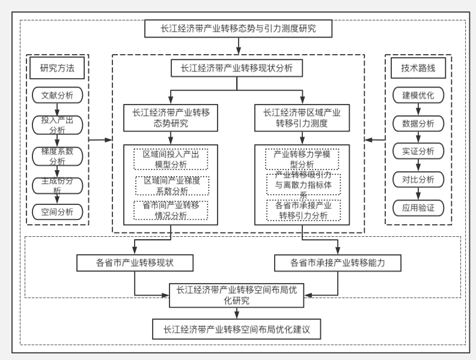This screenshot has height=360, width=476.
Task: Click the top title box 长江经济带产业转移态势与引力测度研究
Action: tap(239, 28)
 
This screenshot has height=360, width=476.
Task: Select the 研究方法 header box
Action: tap(57, 68)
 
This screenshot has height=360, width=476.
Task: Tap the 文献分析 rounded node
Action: tap(58, 95)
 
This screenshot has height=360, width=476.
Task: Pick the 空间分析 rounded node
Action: tap(58, 211)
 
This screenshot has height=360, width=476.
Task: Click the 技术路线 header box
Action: tap(418, 68)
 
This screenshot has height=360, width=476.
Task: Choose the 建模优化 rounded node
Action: tap(418, 95)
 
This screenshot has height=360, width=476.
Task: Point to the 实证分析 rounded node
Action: tap(418, 150)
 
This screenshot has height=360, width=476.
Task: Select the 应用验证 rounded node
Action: tap(418, 208)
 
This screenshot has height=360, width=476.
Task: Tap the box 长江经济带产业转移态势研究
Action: tap(171, 118)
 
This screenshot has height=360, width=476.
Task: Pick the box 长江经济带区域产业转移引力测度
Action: tap(302, 118)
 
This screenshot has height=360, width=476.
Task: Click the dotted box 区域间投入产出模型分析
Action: tap(171, 159)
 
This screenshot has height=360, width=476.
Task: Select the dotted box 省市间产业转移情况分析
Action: tap(171, 210)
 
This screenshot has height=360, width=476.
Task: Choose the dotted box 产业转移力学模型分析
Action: tap(302, 159)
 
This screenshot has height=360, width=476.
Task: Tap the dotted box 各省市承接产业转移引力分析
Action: tap(302, 210)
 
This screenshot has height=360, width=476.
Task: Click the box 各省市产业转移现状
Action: tap(135, 263)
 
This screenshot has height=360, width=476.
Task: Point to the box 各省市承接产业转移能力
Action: tap(337, 263)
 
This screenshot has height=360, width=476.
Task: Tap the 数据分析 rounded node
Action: tap(418, 123)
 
